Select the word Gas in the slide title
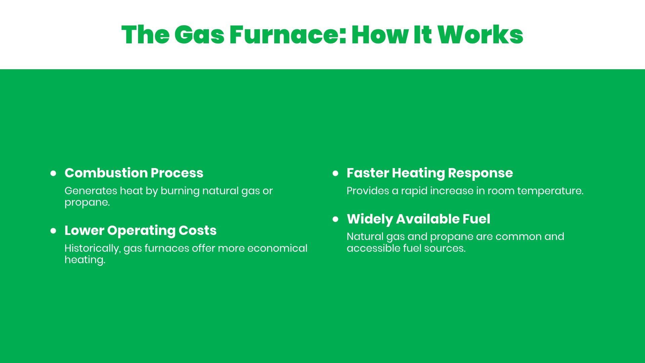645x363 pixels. (x=199, y=35)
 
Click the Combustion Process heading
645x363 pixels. (x=134, y=173)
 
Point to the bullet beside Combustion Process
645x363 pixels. (x=53, y=173)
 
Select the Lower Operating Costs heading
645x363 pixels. (x=140, y=231)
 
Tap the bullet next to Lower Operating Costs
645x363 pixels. (x=53, y=231)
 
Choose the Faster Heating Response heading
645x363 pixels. (x=430, y=173)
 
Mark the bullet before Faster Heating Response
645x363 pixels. (x=335, y=173)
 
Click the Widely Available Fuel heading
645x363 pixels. (x=418, y=219)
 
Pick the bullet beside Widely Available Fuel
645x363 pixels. (x=335, y=219)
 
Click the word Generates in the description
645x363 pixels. (x=91, y=191)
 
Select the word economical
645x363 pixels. (x=277, y=248)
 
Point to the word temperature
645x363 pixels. (x=550, y=191)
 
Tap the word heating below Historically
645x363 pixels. (x=85, y=260)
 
